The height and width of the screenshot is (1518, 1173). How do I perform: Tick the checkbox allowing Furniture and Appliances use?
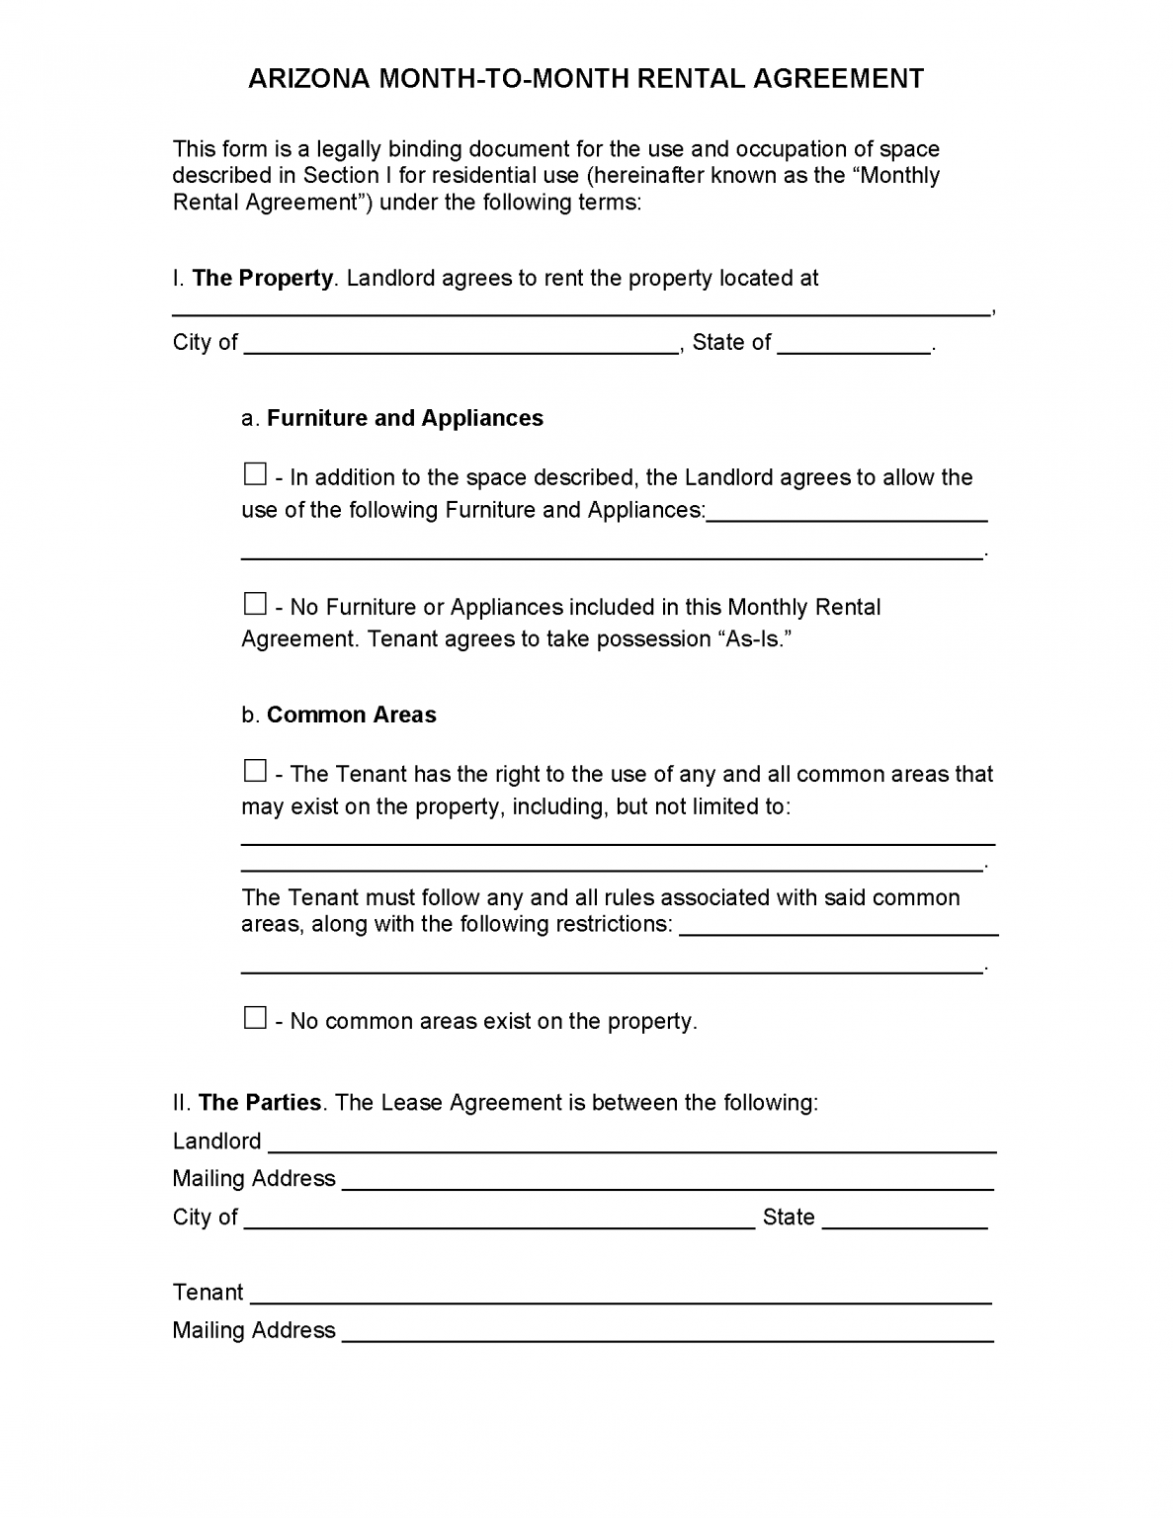255,474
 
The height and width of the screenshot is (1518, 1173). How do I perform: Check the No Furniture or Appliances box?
255,603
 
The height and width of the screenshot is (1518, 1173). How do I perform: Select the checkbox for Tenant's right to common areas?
255,770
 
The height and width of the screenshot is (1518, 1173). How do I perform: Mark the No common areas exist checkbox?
255,1017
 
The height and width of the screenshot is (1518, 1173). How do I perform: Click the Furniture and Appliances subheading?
405,418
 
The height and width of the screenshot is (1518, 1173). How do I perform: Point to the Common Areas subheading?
352,715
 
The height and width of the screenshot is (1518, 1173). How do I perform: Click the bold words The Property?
263,278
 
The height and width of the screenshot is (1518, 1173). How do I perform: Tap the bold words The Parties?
260,1102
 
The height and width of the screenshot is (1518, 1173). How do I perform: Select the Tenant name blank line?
623,1296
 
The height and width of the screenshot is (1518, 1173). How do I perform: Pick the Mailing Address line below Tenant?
667,1333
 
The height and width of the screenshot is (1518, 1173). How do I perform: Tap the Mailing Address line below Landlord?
667,1182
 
